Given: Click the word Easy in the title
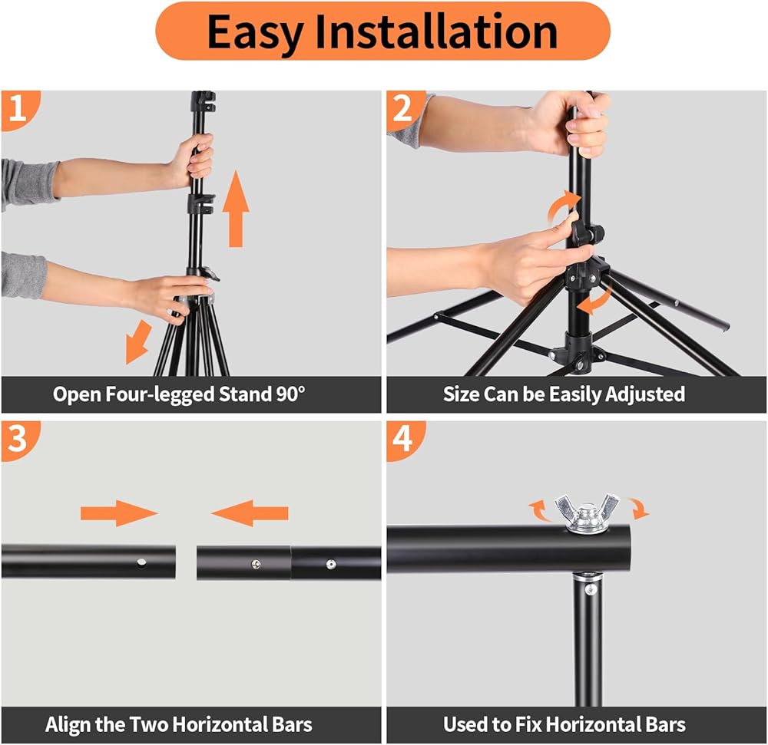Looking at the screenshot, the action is coord(255,33).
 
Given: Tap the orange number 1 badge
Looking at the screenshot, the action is coord(20,110).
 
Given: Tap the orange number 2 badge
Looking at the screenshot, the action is coord(405,110).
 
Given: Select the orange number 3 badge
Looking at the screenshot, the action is coord(20,440).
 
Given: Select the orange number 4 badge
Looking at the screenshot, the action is coord(405,440).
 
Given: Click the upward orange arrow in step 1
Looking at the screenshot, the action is coord(236,209).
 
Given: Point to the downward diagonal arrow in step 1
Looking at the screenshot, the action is coord(137,342).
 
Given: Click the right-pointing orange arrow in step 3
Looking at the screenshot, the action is coord(119,513).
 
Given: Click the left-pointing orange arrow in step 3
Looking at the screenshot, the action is coord(250,513).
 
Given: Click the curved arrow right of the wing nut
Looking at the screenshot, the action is coord(639,509).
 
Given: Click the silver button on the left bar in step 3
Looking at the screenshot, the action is coord(141,562).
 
